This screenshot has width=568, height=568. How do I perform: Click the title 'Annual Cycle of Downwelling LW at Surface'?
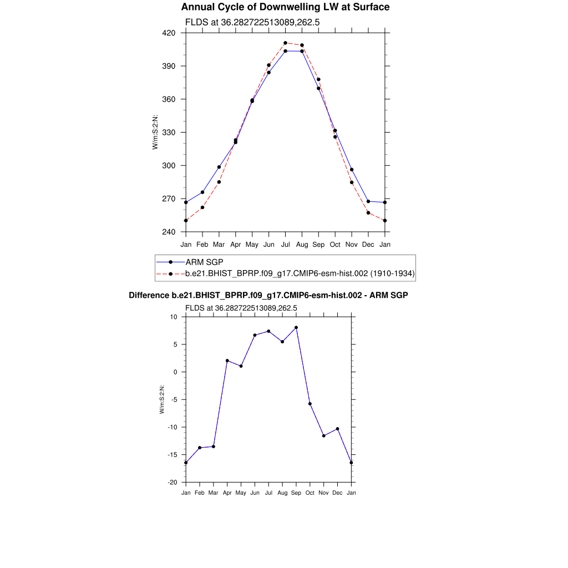pyautogui.click(x=285, y=7)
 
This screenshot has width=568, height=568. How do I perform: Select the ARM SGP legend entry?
pyautogui.click(x=204, y=262)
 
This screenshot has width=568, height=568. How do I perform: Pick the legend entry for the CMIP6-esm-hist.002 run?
pyautogui.click(x=300, y=273)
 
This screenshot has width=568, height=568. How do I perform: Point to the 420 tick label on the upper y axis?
pyautogui.click(x=169, y=33)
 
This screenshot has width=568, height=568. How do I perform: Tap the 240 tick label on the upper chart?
pyautogui.click(x=169, y=232)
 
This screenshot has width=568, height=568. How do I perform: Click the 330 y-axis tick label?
pyautogui.click(x=169, y=133)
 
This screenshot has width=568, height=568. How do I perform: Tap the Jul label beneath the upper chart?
pyautogui.click(x=285, y=244)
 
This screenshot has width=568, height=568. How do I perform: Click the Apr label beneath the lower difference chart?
pyautogui.click(x=227, y=493)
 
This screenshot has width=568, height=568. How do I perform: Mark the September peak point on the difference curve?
pyautogui.click(x=296, y=327)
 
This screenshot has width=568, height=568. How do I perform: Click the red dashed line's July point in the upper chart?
pyautogui.click(x=285, y=43)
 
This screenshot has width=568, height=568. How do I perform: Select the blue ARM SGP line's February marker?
pyautogui.click(x=202, y=192)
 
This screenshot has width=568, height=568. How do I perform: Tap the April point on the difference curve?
pyautogui.click(x=227, y=361)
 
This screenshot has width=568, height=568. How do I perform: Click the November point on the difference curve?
pyautogui.click(x=324, y=436)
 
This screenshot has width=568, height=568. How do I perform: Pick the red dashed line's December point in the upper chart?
pyautogui.click(x=368, y=213)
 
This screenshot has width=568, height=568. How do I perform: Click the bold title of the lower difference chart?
pyautogui.click(x=268, y=296)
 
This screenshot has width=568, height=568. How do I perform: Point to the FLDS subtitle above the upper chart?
pyautogui.click(x=252, y=23)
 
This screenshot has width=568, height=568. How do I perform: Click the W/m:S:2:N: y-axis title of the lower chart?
pyautogui.click(x=162, y=399)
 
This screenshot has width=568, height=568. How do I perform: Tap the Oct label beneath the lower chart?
pyautogui.click(x=310, y=493)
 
